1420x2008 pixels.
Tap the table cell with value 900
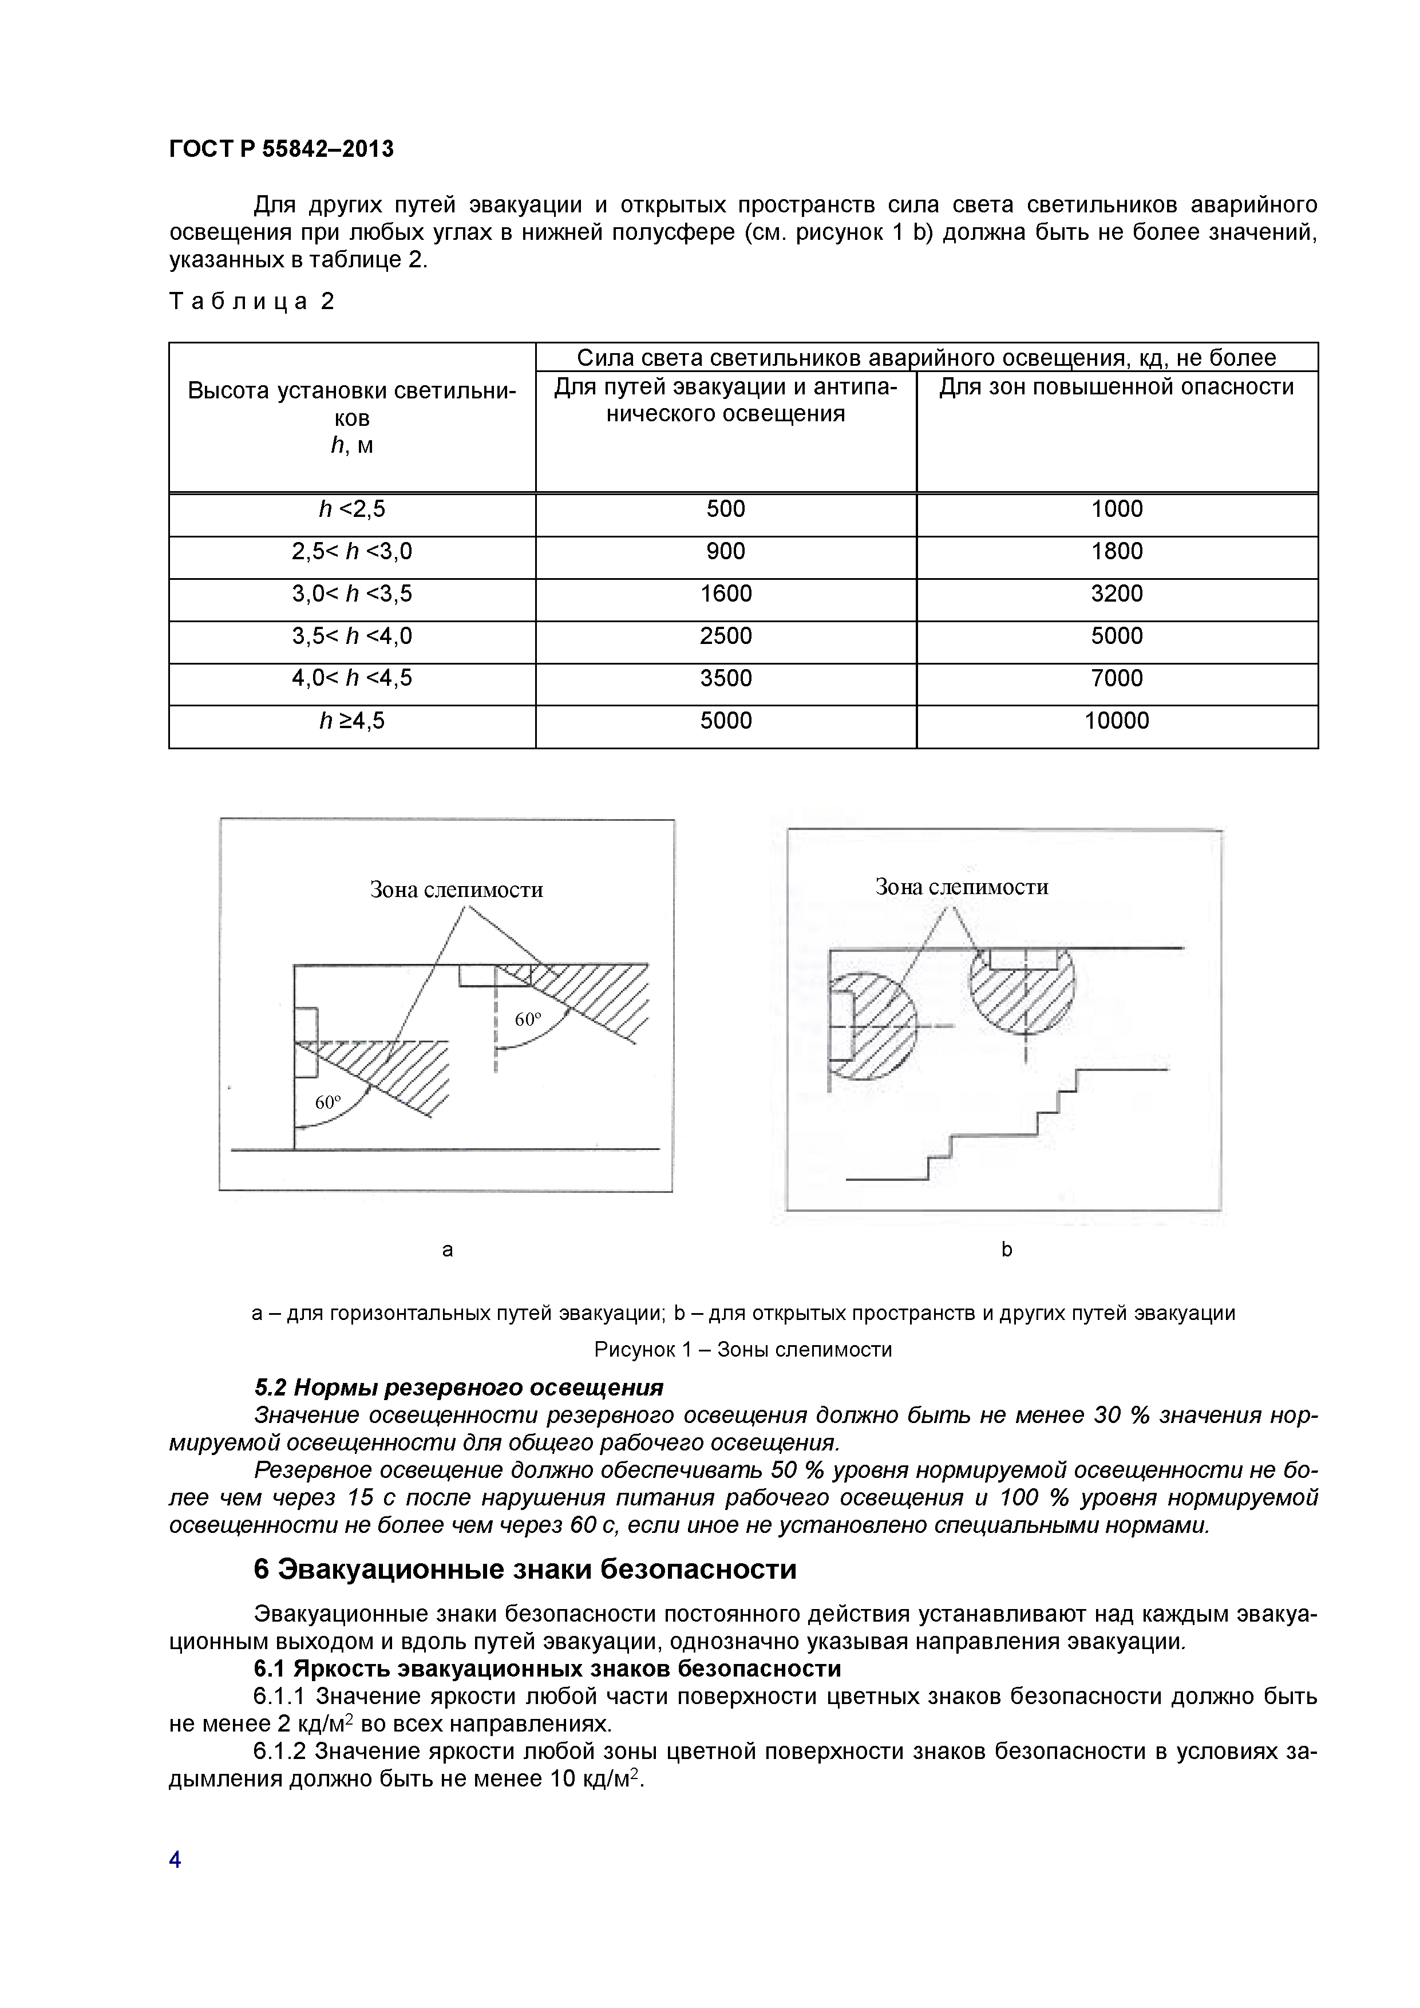pyautogui.click(x=726, y=552)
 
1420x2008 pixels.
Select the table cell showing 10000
pyautogui.click(x=1117, y=721)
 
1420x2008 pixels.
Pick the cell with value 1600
pyautogui.click(x=726, y=594)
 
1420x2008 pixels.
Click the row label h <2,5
pyautogui.click(x=351, y=509)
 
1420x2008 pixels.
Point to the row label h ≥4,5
pyautogui.click(x=351, y=721)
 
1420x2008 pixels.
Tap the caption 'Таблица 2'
pyautogui.click(x=252, y=302)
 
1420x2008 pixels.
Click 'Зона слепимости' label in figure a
pyautogui.click(x=456, y=890)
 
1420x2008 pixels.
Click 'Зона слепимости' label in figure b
pyautogui.click(x=962, y=887)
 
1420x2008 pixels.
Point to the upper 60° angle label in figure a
pyautogui.click(x=528, y=1020)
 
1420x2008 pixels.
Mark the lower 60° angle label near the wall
pyautogui.click(x=328, y=1103)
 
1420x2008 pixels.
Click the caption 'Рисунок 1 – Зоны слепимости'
pyautogui.click(x=743, y=1350)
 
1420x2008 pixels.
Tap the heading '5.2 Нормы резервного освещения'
pyautogui.click(x=458, y=1388)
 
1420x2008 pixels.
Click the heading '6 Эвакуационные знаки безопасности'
pyautogui.click(x=525, y=1570)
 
